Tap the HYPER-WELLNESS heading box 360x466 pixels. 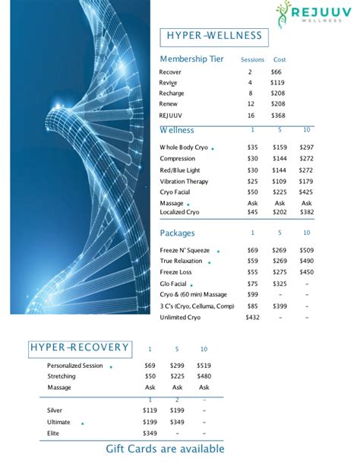tap(213, 36)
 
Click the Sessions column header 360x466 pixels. tap(251, 60)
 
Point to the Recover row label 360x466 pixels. tap(170, 71)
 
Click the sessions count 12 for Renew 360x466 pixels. tap(251, 103)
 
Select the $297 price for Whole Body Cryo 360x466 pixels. tap(306, 147)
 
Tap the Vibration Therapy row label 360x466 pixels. tap(184, 182)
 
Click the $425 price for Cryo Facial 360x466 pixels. tap(306, 193)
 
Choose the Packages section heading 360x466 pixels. tap(177, 233)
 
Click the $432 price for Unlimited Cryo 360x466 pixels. tap(252, 317)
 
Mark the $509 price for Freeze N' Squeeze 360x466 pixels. tap(306, 250)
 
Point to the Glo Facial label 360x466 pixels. tap(173, 284)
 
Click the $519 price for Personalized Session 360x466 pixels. tap(204, 366)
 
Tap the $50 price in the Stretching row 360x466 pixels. tap(150, 376)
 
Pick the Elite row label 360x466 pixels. tap(54, 433)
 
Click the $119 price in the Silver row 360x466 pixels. tap(150, 411)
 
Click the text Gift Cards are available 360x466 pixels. tap(165, 449)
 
